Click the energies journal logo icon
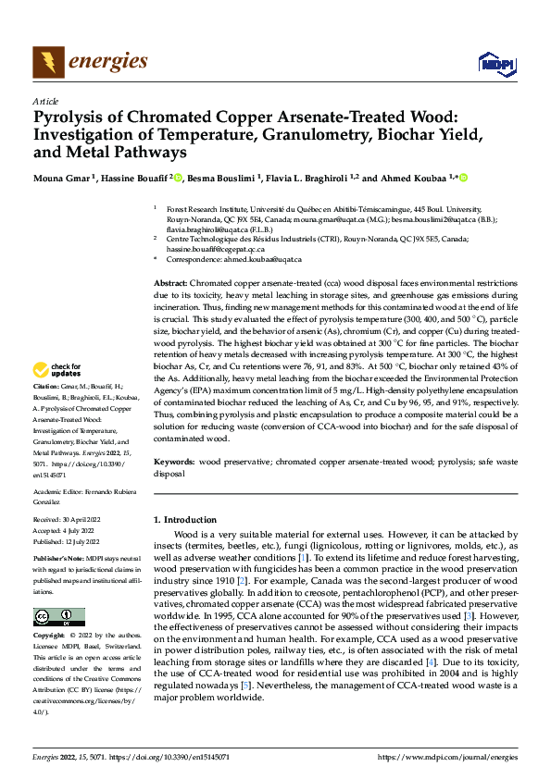click(48, 62)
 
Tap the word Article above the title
click(45, 101)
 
